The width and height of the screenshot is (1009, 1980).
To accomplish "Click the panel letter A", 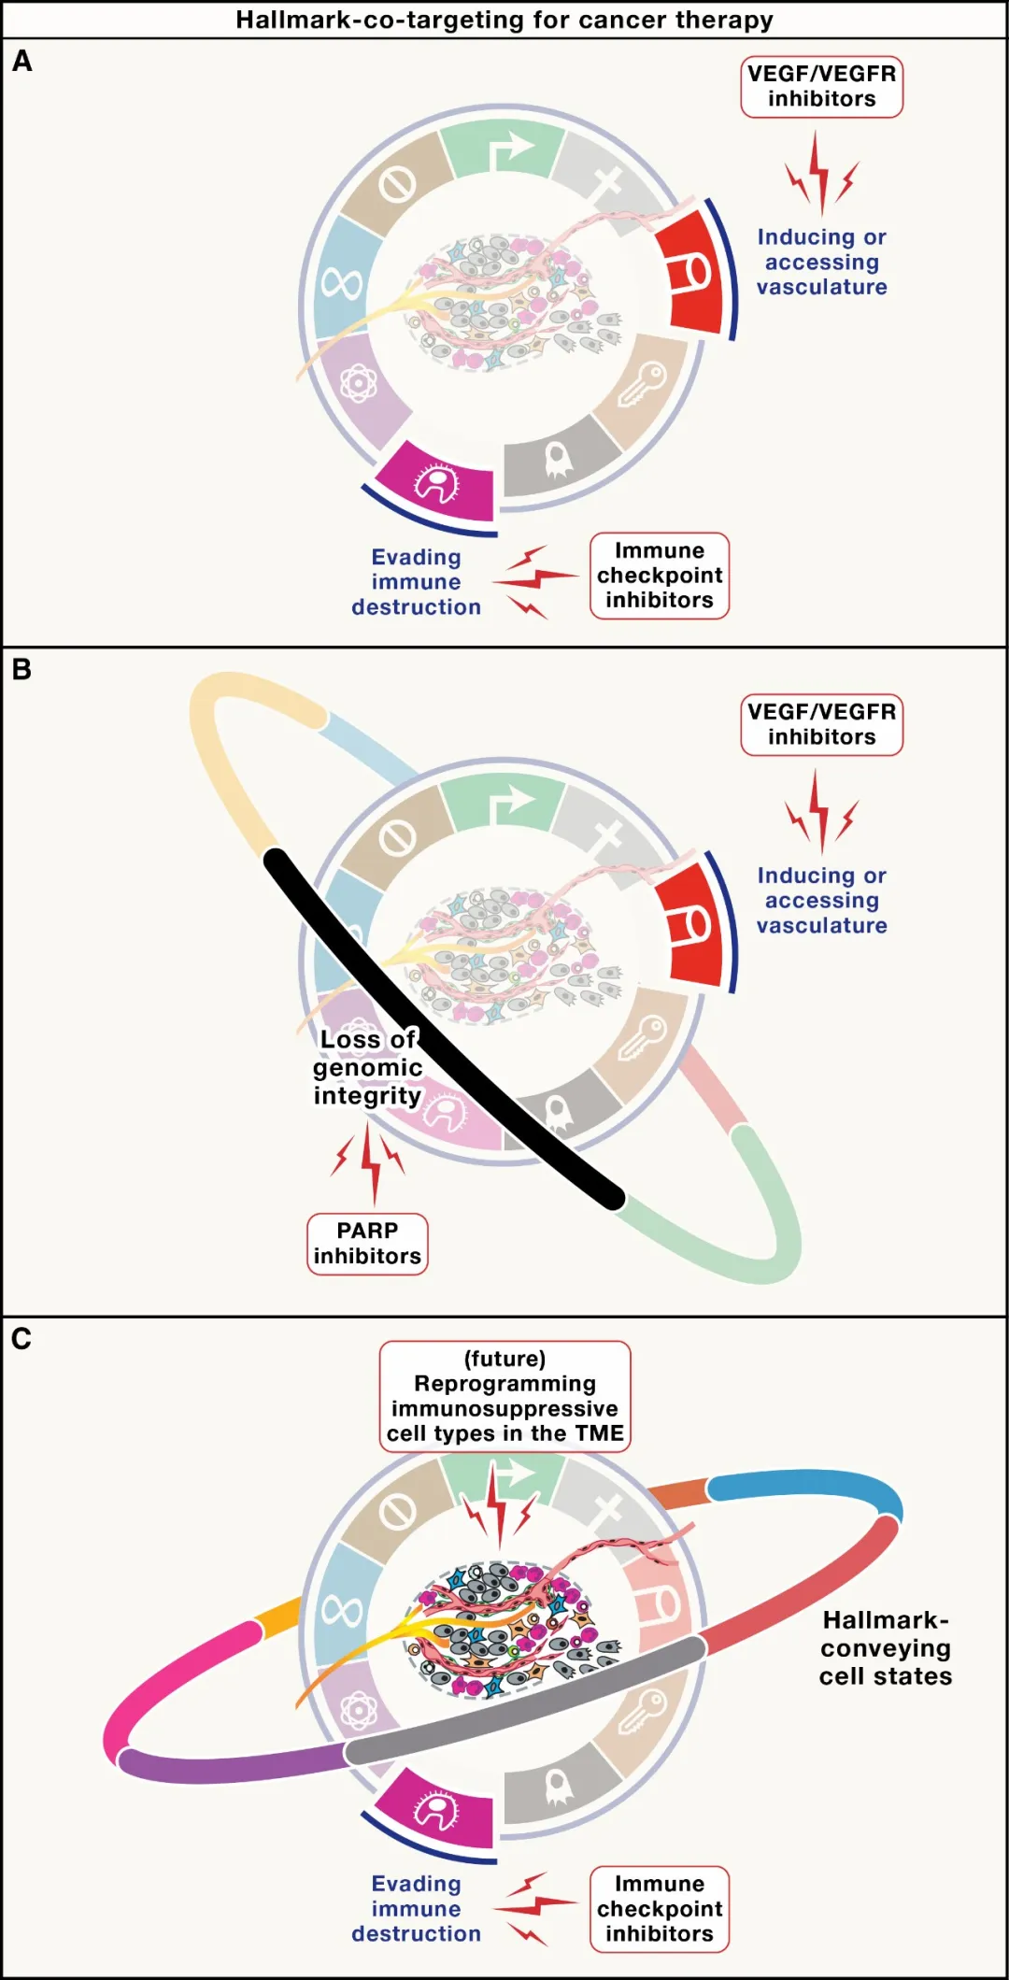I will pyautogui.click(x=22, y=62).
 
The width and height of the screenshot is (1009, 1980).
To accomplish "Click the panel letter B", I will pyautogui.click(x=21, y=669).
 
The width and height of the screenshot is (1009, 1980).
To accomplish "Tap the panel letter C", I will pyautogui.click(x=21, y=1339).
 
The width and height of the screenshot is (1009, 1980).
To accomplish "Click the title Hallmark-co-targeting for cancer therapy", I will pyautogui.click(x=504, y=20).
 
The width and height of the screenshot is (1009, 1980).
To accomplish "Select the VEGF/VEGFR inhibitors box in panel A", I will pyautogui.click(x=821, y=87).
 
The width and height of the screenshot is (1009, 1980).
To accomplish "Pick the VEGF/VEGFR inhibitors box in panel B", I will pyautogui.click(x=821, y=724).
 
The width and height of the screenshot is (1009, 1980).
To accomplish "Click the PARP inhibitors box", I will pyautogui.click(x=367, y=1244).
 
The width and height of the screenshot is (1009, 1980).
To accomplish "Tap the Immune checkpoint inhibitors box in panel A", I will pyautogui.click(x=659, y=576).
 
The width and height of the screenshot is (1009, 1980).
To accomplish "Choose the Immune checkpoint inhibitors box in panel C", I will pyautogui.click(x=659, y=1909).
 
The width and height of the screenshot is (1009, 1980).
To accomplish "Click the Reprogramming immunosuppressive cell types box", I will pyautogui.click(x=504, y=1396).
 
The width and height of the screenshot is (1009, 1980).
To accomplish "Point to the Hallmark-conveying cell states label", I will pyautogui.click(x=885, y=1648).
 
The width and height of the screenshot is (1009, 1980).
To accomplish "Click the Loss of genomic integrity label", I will pyautogui.click(x=367, y=1067).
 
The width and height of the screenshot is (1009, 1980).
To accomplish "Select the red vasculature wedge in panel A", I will pyautogui.click(x=689, y=272).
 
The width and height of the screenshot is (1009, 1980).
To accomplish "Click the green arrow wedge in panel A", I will pyautogui.click(x=503, y=150).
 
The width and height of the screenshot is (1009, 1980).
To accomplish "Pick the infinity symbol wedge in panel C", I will pyautogui.click(x=343, y=1609).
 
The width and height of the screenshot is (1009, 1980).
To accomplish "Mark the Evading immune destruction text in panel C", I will pyautogui.click(x=416, y=1909).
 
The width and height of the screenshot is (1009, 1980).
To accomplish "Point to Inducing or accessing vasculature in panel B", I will pyautogui.click(x=821, y=901).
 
